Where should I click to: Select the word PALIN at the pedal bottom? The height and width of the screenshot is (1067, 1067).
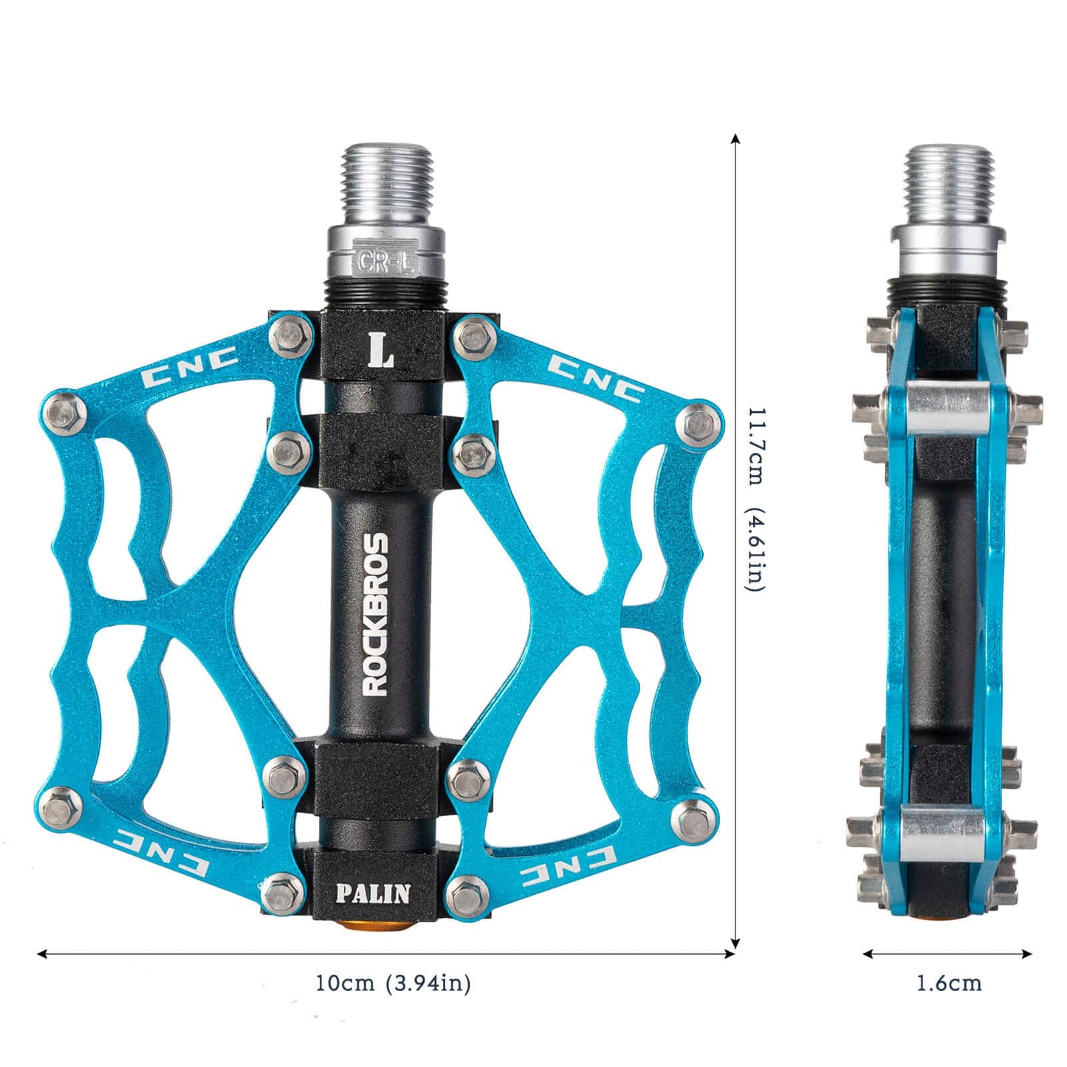(373, 893)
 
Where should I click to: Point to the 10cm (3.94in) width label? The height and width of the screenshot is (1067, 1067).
(393, 983)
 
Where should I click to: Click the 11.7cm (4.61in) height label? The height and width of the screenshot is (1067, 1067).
(755, 499)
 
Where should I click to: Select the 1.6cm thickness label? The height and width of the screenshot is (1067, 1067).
(949, 983)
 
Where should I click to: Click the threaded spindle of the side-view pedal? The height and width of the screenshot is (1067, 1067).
(950, 185)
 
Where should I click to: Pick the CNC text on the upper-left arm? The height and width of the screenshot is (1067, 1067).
(190, 367)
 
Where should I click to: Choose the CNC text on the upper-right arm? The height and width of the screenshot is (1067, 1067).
(595, 377)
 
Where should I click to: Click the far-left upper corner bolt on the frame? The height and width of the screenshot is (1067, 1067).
(61, 414)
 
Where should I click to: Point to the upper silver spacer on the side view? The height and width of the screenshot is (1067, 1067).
(948, 409)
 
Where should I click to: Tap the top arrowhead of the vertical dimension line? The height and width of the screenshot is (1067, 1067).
(735, 139)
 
